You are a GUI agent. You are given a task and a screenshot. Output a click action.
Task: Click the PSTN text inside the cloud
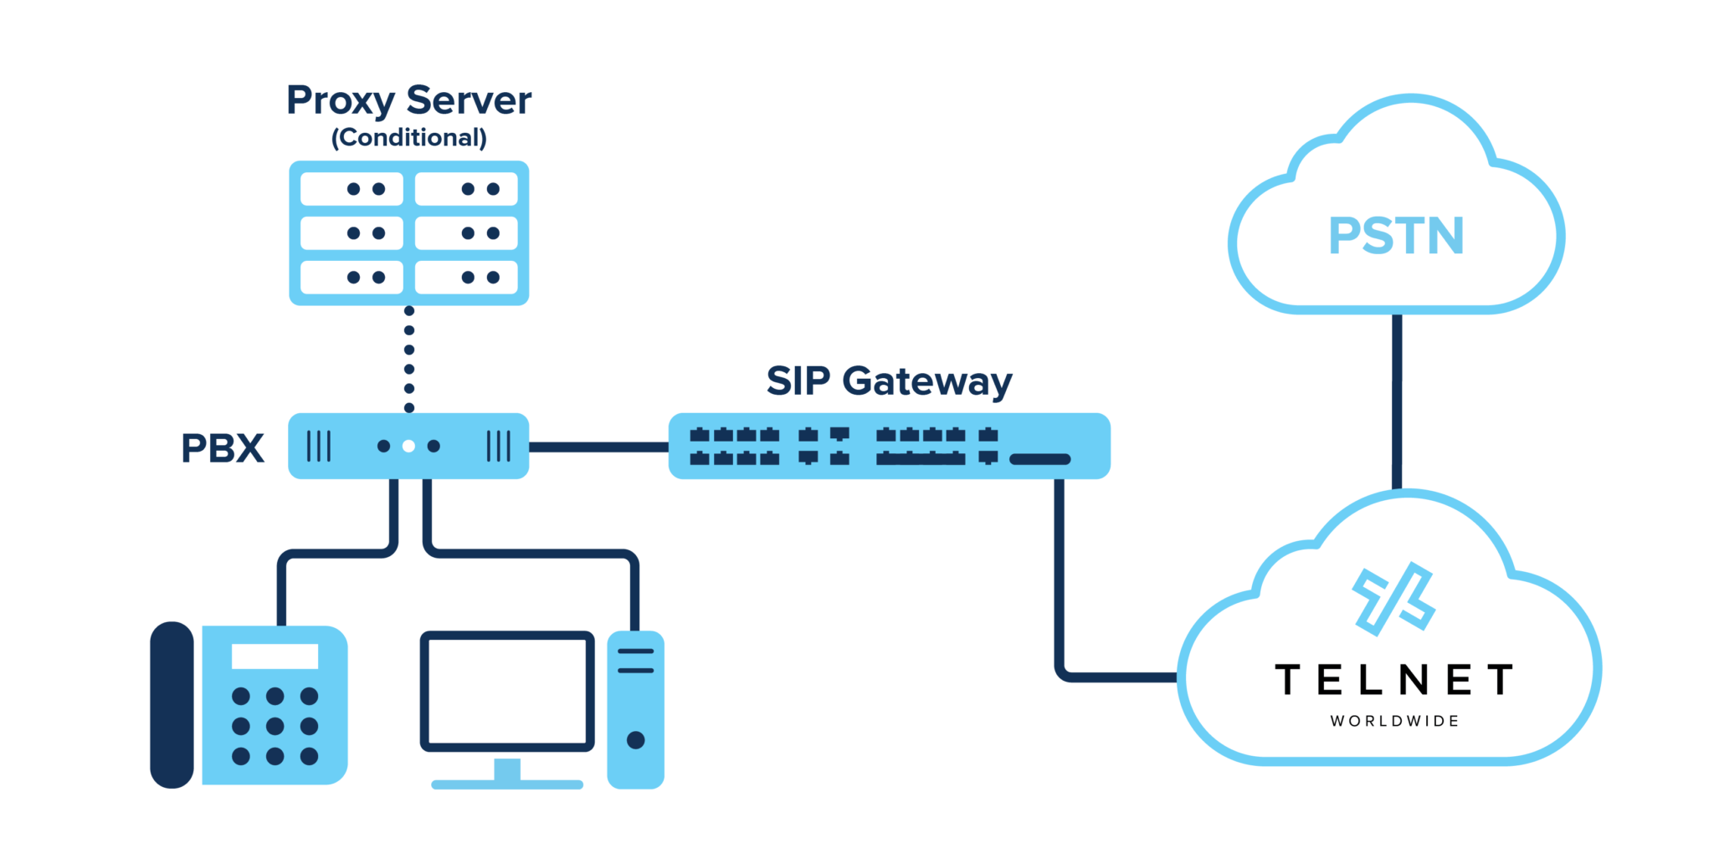point(1396,236)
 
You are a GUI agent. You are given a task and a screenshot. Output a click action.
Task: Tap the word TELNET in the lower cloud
point(1394,679)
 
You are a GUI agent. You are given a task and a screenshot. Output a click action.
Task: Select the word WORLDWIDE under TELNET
point(1394,721)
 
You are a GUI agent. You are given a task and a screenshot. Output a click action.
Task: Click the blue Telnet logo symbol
point(1393,599)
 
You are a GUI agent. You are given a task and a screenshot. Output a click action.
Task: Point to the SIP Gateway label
point(889,381)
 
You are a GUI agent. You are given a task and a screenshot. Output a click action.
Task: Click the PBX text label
point(223,448)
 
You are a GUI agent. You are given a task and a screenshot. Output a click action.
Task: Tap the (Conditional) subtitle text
point(408,137)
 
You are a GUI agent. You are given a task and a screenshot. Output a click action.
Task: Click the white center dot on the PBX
point(408,446)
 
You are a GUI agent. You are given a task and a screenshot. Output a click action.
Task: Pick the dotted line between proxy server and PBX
point(408,360)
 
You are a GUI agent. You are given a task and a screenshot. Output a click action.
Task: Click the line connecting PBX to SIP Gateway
point(598,447)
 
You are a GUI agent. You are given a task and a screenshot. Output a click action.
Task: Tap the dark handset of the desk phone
point(172,704)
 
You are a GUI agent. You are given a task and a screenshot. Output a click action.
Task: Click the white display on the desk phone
point(275,656)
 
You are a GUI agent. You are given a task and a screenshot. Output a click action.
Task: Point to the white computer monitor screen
point(507,691)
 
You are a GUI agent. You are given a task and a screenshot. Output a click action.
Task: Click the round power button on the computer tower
point(635,739)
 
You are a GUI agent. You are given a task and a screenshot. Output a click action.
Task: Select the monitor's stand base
point(507,784)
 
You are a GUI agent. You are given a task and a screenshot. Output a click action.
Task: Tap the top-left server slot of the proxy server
point(352,189)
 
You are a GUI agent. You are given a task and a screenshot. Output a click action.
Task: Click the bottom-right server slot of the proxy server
point(466,277)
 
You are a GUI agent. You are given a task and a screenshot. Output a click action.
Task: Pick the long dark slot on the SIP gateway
point(1039,459)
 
